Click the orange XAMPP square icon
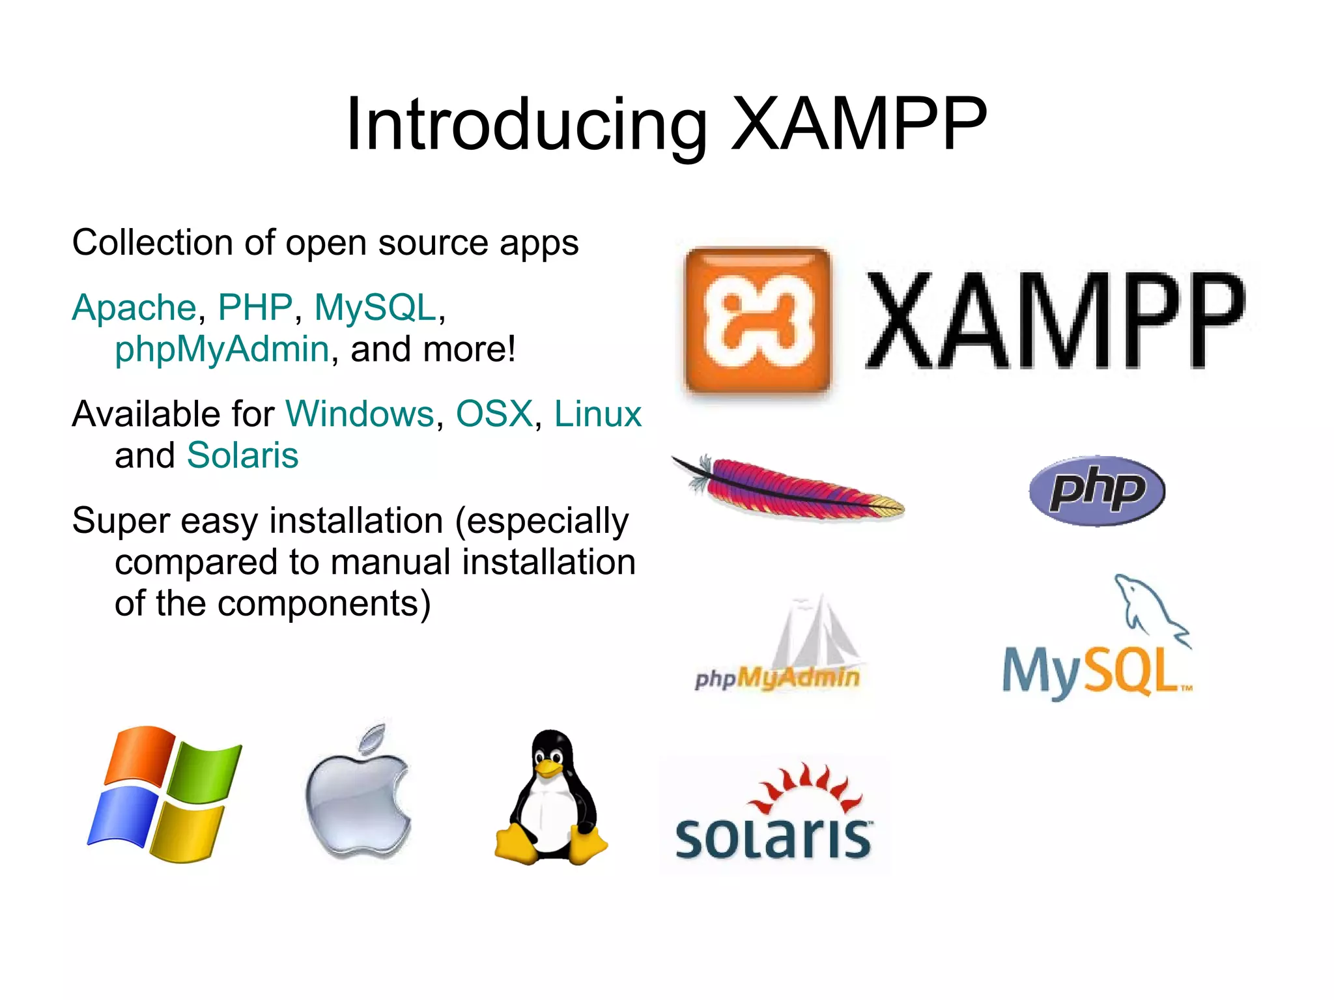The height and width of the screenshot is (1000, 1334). (x=758, y=321)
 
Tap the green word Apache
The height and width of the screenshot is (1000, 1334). (x=134, y=307)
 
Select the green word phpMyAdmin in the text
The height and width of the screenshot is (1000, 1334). (x=221, y=349)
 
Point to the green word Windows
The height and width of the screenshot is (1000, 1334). (x=360, y=414)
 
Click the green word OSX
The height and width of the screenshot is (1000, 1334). (x=494, y=414)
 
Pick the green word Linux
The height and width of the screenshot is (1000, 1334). (x=597, y=414)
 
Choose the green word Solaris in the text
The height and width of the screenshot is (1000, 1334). (x=242, y=455)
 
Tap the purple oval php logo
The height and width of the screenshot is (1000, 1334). (x=1097, y=491)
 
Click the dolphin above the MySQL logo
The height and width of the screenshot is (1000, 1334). (x=1150, y=609)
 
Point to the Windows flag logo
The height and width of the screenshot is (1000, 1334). (x=164, y=793)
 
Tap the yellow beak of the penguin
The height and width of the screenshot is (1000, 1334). (x=548, y=768)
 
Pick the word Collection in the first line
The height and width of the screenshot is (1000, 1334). (x=152, y=243)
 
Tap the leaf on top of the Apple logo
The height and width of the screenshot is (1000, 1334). (x=374, y=739)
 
